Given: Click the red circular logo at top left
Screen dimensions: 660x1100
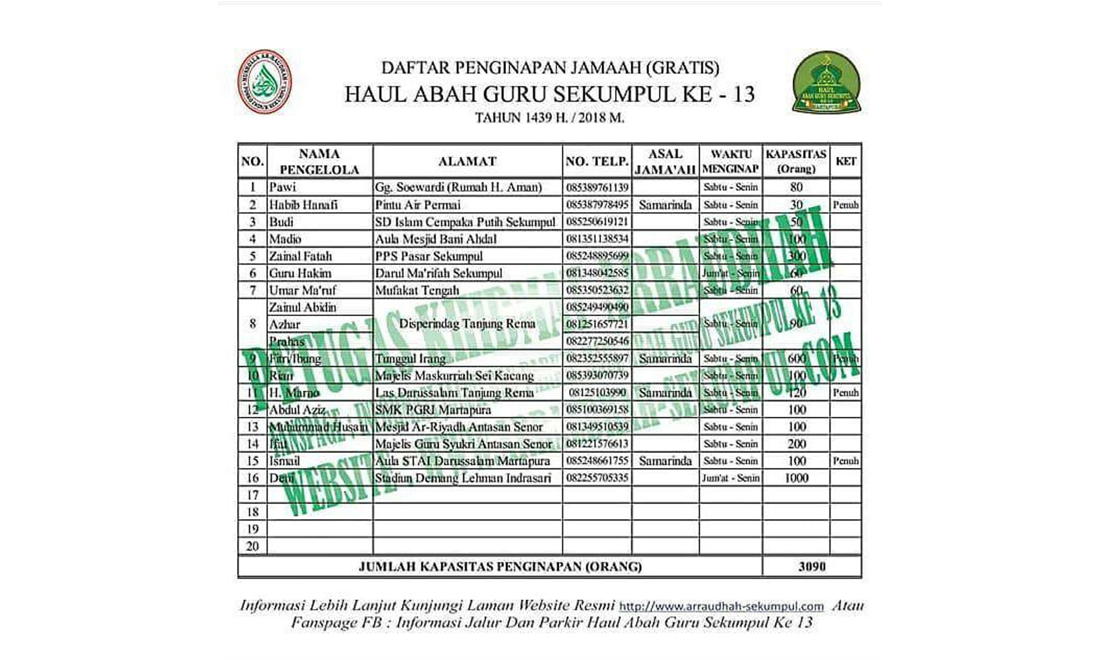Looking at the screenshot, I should pos(264,82).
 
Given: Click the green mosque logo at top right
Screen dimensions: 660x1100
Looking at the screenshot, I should pos(827,83).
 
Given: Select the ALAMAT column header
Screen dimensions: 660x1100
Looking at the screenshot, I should pos(468,161).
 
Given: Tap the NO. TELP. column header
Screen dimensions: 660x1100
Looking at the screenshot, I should pos(597,161).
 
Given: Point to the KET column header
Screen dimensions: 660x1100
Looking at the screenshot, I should pos(845,161).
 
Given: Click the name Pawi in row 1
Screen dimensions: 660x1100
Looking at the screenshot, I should pos(282,187).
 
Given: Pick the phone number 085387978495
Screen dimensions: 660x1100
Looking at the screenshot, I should pos(597,205).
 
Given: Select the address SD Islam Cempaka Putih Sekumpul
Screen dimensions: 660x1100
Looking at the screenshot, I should pos(465,222).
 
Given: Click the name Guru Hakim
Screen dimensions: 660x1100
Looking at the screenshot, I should pos(300,273).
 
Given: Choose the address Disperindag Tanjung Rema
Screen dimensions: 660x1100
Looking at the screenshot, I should pos(467,324).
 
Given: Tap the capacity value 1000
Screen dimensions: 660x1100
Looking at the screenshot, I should pos(796,478).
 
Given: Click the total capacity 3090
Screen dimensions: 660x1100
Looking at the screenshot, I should pos(812,566).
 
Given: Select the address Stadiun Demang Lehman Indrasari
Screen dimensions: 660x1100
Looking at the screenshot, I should pos(463,478).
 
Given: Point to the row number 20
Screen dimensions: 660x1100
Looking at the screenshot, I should pos(252,546).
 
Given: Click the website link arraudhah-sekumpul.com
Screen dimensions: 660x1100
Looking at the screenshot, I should pos(721,606).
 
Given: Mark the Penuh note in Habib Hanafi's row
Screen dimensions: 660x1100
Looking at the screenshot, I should pos(845,205).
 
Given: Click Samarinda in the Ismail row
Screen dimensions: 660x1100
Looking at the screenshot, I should pos(665,461).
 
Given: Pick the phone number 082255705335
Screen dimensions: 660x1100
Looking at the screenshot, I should pos(597,478).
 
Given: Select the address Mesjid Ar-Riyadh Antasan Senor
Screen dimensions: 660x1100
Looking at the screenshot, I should pos(459,427).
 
